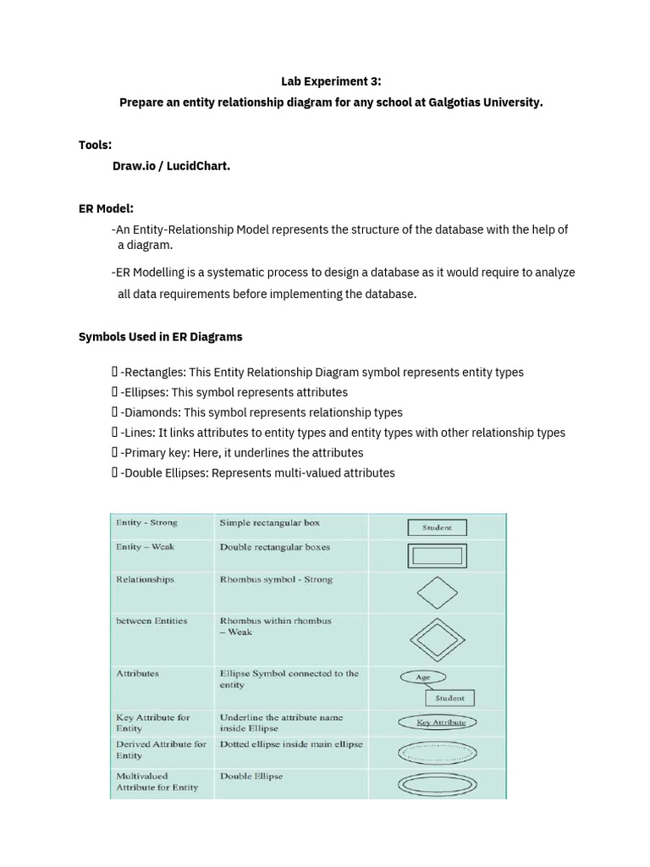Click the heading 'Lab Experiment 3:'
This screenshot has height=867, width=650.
331,81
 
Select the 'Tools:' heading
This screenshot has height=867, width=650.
95,145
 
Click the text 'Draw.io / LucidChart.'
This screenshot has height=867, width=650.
171,166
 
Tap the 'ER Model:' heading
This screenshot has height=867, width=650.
106,208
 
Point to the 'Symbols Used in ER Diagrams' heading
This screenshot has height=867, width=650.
160,336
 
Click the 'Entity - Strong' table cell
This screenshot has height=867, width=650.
146,523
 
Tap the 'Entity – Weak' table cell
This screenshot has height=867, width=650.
145,547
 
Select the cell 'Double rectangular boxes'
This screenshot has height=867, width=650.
275,547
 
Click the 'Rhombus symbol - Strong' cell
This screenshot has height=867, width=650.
276,580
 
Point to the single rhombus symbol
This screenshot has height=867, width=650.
437,593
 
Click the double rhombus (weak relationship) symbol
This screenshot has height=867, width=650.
437,638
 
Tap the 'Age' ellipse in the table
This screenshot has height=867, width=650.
423,677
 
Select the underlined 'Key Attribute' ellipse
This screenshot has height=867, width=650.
437,722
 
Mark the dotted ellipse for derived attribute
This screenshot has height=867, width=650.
437,751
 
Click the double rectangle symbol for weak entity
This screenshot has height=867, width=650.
437,556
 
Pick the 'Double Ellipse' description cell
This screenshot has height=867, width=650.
251,776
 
